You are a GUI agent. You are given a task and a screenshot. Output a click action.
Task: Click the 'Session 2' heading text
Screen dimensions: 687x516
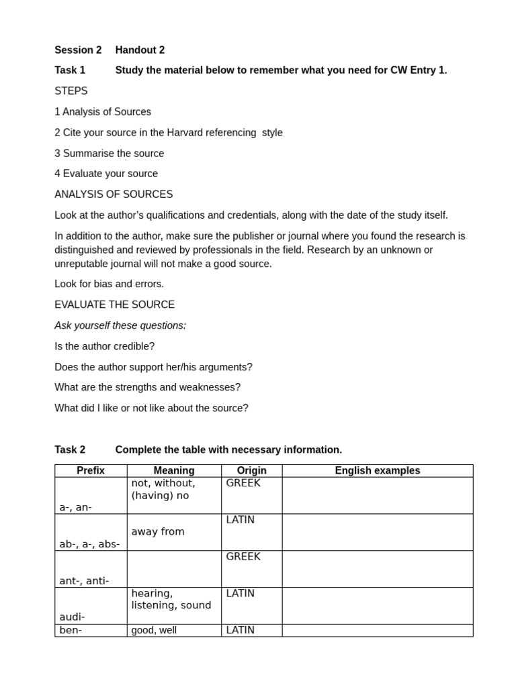click(78, 50)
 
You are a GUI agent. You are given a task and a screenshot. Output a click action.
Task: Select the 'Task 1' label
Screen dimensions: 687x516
click(70, 70)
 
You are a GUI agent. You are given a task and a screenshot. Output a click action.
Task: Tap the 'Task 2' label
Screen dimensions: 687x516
click(70, 450)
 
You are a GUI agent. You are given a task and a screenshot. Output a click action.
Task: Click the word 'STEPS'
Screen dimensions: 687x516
click(71, 91)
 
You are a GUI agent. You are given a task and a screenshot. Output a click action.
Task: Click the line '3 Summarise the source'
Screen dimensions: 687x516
click(110, 153)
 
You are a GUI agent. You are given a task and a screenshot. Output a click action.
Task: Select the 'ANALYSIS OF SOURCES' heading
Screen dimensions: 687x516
click(114, 195)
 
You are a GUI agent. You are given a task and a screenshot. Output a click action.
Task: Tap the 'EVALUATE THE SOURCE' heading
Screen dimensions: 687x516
click(114, 305)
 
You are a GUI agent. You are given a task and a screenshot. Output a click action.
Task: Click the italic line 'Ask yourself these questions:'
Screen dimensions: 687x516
click(120, 325)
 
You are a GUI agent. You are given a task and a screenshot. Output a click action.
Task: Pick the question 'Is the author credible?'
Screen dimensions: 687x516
click(104, 346)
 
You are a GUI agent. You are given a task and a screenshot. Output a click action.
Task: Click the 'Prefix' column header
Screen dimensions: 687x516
click(91, 470)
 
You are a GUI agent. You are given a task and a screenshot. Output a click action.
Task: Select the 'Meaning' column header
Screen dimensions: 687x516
click(174, 470)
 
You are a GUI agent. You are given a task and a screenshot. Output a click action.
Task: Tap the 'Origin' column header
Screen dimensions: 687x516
click(252, 470)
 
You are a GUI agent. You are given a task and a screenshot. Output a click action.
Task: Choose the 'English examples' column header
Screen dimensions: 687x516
click(378, 470)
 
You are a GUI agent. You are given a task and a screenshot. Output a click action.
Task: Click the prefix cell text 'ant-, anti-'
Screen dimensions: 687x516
click(84, 581)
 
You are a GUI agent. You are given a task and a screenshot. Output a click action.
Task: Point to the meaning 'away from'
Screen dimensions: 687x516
click(158, 532)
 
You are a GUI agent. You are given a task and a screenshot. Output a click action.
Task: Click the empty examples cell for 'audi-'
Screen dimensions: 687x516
click(378, 606)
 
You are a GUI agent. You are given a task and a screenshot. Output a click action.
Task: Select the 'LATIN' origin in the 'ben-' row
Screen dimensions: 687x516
click(241, 630)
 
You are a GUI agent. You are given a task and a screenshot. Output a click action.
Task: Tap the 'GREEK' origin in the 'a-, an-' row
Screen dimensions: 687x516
click(243, 483)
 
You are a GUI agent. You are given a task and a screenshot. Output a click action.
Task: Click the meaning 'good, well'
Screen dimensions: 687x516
click(154, 631)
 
